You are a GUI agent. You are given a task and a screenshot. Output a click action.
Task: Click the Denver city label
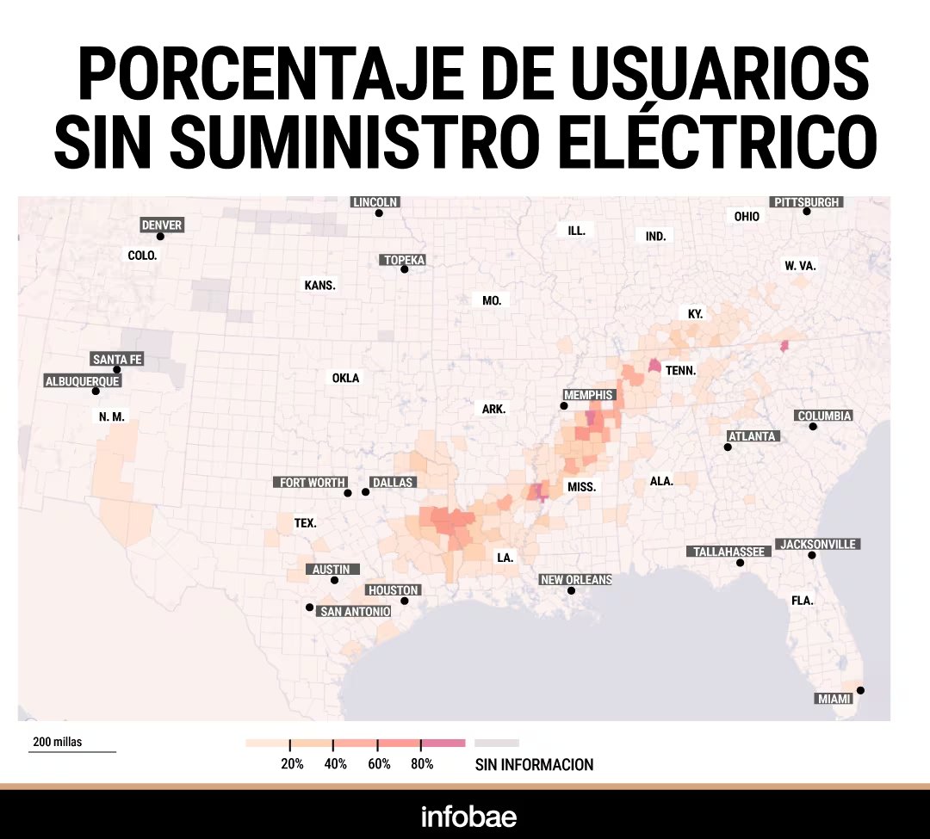pos(162,225)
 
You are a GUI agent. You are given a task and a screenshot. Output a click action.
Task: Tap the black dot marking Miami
pos(860,690)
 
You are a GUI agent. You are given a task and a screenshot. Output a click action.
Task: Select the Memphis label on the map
pos(589,395)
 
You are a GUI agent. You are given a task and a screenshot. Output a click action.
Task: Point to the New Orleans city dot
pos(571,591)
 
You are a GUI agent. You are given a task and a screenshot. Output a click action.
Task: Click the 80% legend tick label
pos(422,764)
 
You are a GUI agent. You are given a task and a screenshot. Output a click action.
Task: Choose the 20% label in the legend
pos(292,764)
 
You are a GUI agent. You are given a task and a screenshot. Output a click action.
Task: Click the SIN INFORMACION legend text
pos(534,764)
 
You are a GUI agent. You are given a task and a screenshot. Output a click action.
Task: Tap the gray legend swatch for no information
pos(497,742)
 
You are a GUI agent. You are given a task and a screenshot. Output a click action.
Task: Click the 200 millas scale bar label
pos(58,742)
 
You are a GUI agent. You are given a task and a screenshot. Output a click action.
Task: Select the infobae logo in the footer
pos(468,816)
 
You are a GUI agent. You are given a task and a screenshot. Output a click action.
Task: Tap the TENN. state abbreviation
pos(680,371)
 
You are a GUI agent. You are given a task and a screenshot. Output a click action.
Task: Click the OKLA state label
pos(345,378)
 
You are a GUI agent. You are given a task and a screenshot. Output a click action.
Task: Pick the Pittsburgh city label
pos(806,202)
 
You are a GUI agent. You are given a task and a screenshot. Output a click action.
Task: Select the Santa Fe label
pos(117,360)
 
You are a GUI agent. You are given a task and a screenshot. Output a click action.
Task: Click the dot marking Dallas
pos(365,492)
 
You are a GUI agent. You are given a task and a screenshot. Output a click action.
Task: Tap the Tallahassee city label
pos(729,552)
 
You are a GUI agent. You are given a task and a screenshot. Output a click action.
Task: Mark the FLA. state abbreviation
pos(802,601)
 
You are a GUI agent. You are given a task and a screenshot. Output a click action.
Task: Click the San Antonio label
pos(355,611)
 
